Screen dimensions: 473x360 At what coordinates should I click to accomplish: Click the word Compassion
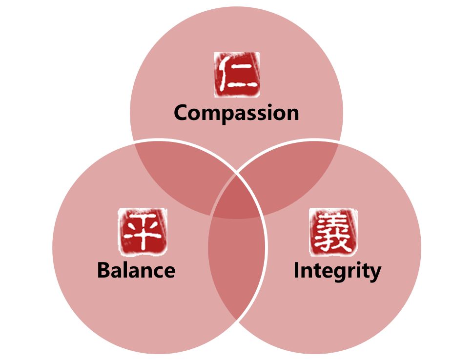coord(236,113)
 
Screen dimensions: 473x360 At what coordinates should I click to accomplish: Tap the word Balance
coord(136,270)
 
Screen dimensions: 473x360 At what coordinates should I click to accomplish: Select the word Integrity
coord(337,271)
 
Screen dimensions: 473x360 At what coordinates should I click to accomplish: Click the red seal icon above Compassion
coord(237,75)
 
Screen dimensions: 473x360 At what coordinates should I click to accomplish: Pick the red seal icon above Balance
coord(143,232)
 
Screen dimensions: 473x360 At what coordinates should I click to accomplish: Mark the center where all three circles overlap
coord(236,199)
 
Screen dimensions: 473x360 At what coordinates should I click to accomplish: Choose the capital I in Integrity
coord(296,270)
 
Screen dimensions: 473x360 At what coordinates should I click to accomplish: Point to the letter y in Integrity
coord(375,274)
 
